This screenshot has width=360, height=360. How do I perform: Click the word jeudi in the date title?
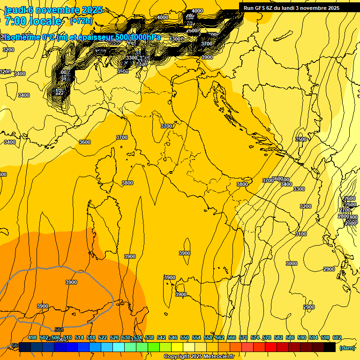[x=15, y=10]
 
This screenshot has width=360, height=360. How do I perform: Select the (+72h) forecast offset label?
[x=82, y=21]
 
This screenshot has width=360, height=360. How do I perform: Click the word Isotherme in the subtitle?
[x=21, y=37]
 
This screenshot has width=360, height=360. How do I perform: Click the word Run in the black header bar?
[x=248, y=8]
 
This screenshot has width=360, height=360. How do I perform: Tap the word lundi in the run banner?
[x=295, y=8]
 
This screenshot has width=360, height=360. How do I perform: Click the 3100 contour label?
[x=300, y=234]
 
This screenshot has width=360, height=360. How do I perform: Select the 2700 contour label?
[x=345, y=210]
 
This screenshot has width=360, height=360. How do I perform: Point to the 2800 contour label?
[x=344, y=216]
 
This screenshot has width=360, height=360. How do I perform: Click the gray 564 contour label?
[x=59, y=330]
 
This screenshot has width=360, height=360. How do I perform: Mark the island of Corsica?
[x=105, y=171]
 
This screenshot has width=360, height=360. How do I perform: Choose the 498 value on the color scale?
[x=32, y=337]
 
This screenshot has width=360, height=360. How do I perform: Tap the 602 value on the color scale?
[x=337, y=337]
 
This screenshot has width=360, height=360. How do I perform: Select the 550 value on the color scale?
[x=185, y=337]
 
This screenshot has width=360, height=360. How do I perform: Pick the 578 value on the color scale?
[x=267, y=337]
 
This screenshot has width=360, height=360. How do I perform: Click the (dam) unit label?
[x=347, y=347]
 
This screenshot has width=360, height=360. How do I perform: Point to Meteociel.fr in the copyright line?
[x=218, y=356]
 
